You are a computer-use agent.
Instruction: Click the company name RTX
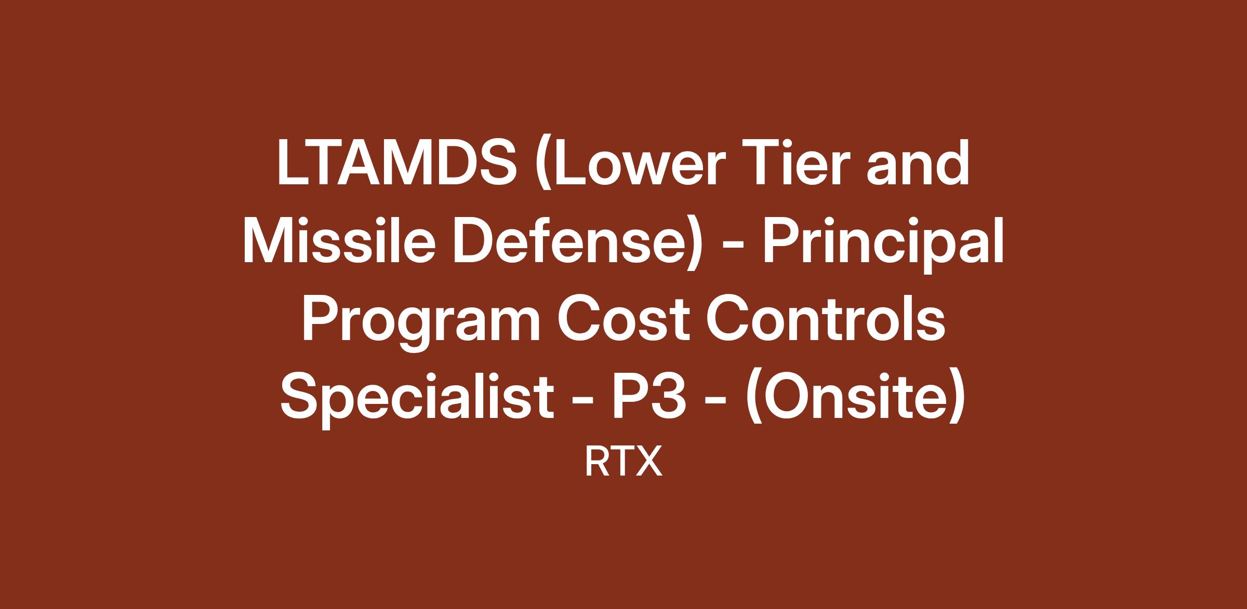(623, 462)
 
